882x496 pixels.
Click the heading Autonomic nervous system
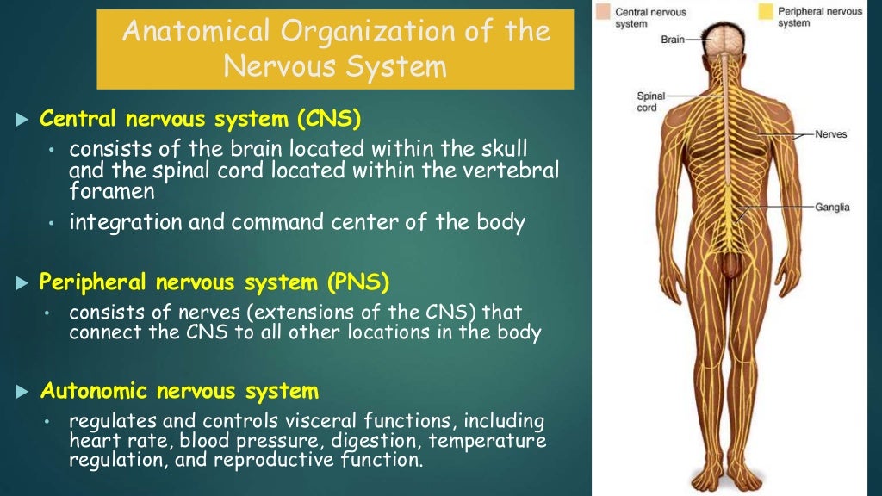179,392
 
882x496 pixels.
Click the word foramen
112,190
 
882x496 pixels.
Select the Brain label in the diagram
672,40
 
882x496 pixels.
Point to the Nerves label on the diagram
832,135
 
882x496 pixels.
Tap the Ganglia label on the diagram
832,208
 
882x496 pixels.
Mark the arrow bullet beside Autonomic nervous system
23,393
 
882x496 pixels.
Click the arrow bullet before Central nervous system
23,118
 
